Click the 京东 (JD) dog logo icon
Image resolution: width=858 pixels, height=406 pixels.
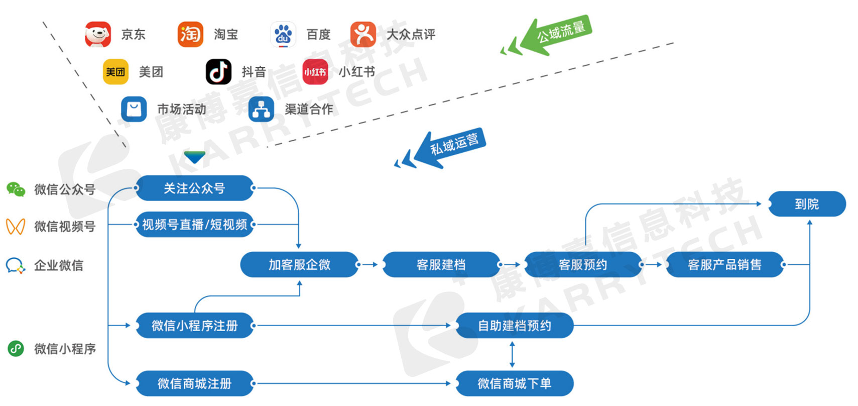coord(98,34)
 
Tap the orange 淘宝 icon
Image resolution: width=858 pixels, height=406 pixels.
coord(190,34)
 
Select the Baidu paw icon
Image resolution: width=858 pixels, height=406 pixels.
coord(283,34)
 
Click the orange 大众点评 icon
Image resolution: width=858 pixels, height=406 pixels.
coord(363,34)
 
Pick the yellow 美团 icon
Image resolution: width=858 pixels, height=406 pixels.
coord(115,72)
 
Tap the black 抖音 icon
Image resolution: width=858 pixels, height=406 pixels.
coord(218,72)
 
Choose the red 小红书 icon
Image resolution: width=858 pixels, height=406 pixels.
coord(315,72)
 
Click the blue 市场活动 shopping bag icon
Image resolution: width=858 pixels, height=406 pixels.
coord(134,109)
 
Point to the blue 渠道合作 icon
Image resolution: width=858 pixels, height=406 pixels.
coord(261,109)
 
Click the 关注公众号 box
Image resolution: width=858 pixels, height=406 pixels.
coord(194,188)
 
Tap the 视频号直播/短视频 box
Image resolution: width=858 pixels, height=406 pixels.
coord(194,225)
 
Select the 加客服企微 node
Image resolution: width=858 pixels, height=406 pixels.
coord(299,264)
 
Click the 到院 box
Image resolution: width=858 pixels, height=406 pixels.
coord(807,204)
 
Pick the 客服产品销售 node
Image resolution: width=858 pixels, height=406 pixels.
coord(724,264)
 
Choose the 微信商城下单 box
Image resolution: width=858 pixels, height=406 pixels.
coord(514,383)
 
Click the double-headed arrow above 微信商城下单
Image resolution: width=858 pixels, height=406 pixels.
coord(512,354)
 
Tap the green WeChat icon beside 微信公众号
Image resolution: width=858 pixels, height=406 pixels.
coord(16,189)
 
